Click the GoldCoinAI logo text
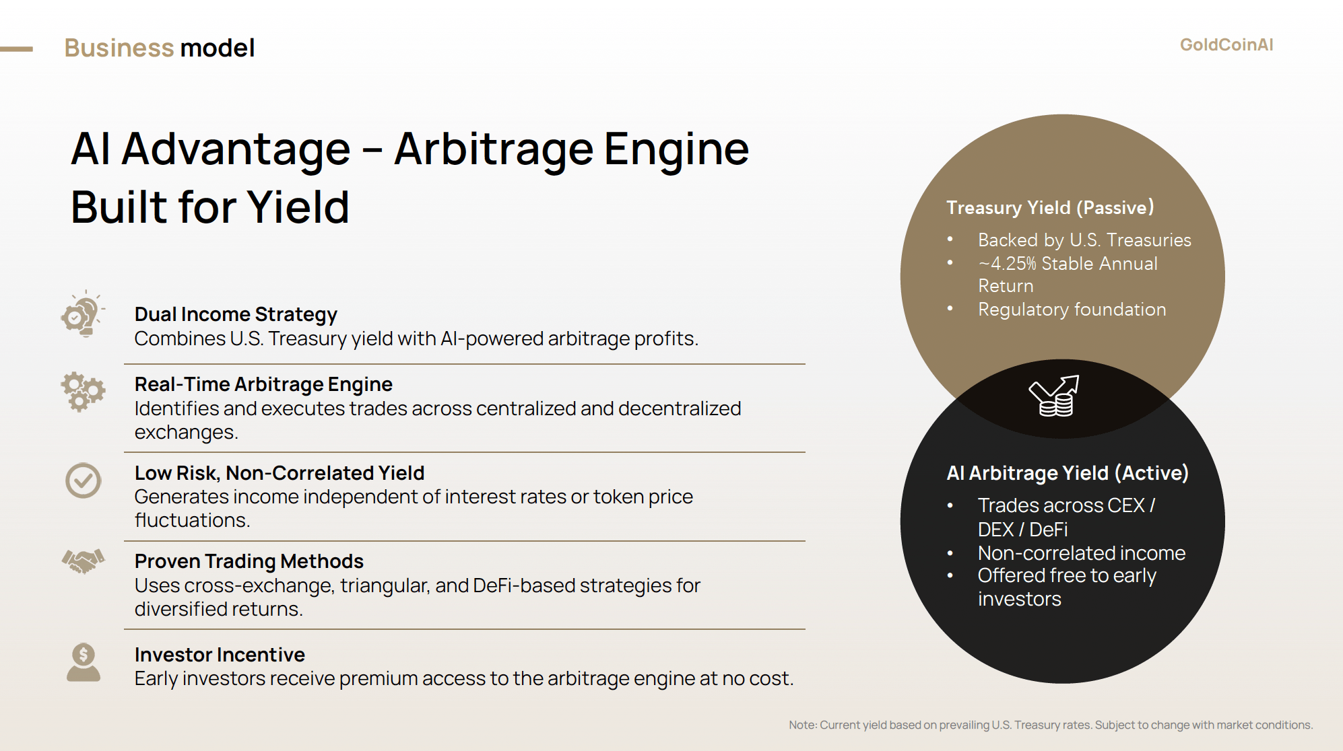(1226, 44)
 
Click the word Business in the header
(119, 48)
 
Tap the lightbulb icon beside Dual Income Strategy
(83, 314)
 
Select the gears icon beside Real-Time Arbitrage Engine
(83, 392)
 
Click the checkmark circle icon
(83, 480)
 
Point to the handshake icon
(84, 561)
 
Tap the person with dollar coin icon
(84, 662)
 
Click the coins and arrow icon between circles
(1054, 396)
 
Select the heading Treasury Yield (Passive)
(1050, 207)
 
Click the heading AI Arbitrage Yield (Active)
(1068, 473)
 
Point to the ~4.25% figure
(1008, 263)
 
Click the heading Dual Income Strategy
(236, 314)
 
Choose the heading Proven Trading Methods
(249, 561)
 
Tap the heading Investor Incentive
(220, 655)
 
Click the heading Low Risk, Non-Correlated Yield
(280, 473)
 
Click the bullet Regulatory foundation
(1072, 310)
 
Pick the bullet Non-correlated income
(1082, 553)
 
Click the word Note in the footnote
(801, 725)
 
